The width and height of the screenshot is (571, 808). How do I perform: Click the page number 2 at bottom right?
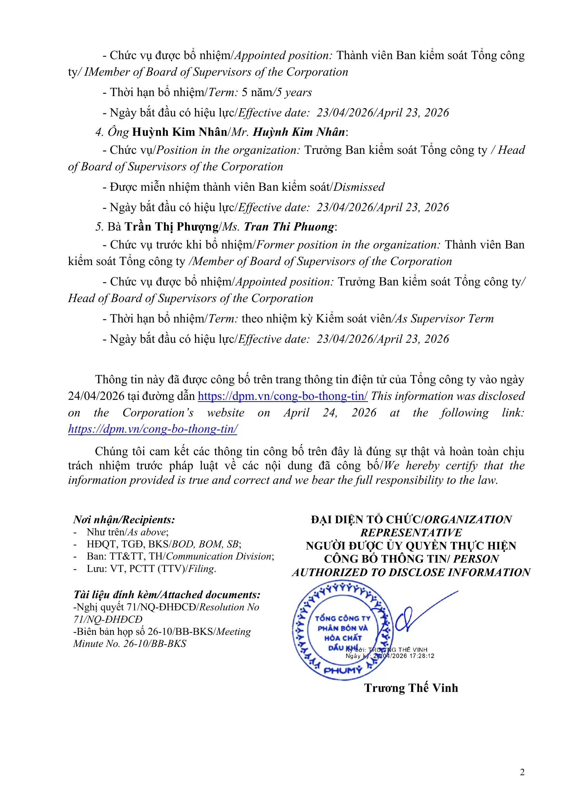coord(522,772)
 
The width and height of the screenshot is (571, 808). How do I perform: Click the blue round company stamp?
coord(342,630)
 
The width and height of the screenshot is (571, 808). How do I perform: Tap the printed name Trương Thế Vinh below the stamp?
coord(411,688)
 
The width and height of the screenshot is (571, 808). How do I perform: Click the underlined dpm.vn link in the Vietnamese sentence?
coord(282,396)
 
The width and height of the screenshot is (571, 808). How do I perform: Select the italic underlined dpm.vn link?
coord(153,429)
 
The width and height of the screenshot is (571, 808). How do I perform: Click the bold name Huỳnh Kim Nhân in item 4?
coord(180,132)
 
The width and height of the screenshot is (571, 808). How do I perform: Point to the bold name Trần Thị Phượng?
coord(172,227)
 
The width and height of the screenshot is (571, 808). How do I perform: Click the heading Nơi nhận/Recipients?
coord(124,519)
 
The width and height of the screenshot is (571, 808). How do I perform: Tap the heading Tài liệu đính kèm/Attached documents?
coord(167,594)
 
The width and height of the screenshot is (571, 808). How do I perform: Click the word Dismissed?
coord(359,187)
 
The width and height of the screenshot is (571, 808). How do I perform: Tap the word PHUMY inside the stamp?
coord(342,670)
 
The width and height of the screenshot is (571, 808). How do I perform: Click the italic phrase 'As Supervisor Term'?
coord(444,319)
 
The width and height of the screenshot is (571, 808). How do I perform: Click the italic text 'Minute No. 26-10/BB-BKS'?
coord(130,643)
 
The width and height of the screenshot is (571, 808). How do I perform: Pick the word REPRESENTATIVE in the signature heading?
coord(411,533)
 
